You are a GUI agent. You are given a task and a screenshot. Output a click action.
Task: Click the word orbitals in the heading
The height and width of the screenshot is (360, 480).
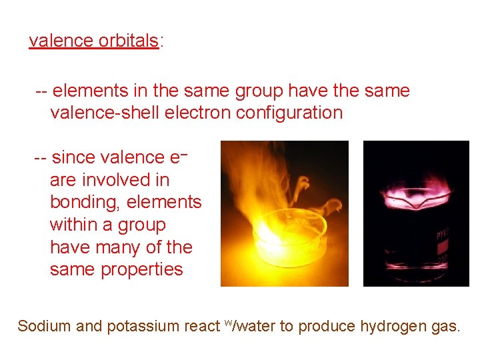(x=128, y=41)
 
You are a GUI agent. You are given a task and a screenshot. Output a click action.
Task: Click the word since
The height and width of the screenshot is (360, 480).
(x=73, y=157)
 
